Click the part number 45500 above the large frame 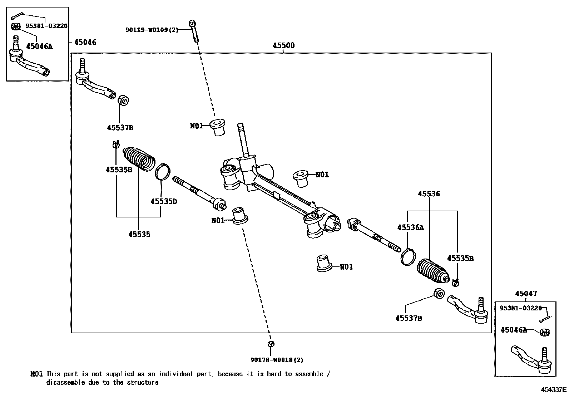click(x=283, y=45)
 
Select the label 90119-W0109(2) click(x=152, y=30)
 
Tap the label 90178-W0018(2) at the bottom click(x=277, y=360)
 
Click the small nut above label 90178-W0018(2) click(x=271, y=344)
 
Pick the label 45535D click(x=164, y=201)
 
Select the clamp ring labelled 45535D click(x=163, y=171)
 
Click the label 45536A click(x=410, y=227)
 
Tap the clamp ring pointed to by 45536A click(x=408, y=257)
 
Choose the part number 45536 click(x=429, y=194)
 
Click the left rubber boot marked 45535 click(x=140, y=159)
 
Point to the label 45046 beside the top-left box click(x=85, y=42)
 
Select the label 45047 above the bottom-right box click(x=526, y=294)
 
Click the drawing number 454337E click(x=553, y=389)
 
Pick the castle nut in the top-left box click(x=16, y=26)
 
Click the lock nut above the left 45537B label click(x=123, y=101)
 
